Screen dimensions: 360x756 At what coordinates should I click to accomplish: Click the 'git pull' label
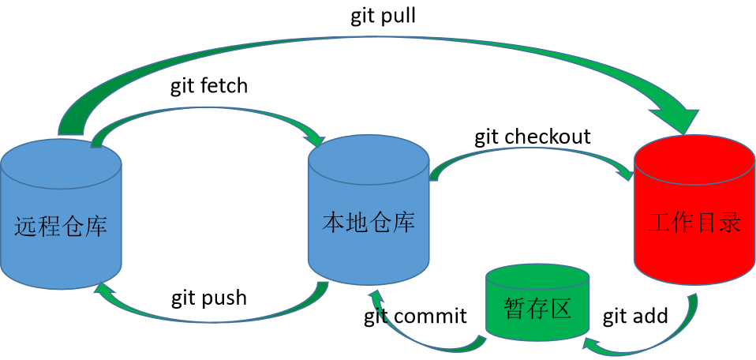384,17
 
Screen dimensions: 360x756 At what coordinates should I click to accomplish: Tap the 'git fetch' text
209,86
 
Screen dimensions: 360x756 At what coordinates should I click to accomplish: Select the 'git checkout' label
533,137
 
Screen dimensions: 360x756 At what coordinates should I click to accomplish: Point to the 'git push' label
209,298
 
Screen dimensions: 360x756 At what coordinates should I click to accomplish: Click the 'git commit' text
415,317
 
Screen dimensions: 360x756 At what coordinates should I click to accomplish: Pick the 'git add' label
635,317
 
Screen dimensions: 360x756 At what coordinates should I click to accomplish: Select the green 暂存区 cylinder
537,304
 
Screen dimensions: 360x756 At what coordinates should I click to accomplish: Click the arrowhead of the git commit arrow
375,295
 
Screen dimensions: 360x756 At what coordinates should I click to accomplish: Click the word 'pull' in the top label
400,17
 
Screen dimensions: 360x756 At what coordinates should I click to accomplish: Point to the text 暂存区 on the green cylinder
537,309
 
